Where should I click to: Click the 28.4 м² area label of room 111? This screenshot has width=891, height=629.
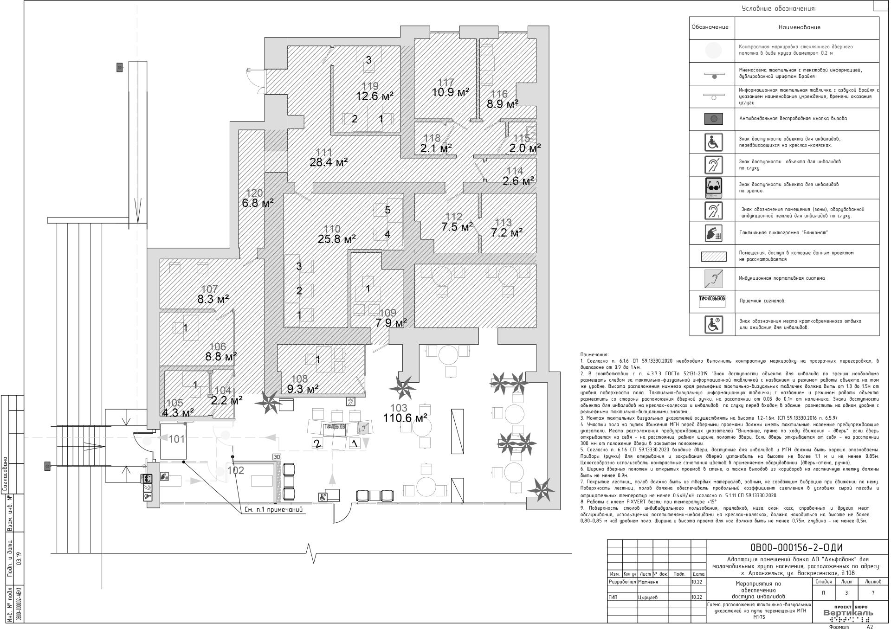coord(329,162)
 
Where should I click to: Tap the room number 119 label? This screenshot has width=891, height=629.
coord(370,86)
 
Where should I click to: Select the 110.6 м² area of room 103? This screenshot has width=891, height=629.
coord(405,418)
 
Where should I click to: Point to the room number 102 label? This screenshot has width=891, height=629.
coord(236,471)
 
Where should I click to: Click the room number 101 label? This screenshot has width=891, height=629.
coord(176,439)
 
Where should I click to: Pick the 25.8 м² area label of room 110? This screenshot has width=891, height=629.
coord(336,239)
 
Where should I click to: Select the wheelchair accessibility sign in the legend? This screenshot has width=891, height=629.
coord(713,142)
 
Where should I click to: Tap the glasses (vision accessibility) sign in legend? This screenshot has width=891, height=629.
coord(713,187)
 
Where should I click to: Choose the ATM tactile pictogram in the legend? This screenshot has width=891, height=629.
coord(713,232)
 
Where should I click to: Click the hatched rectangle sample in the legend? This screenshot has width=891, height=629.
coord(713,256)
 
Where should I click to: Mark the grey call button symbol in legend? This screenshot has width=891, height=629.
coord(713,119)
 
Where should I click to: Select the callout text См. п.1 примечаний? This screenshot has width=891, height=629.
coord(273,510)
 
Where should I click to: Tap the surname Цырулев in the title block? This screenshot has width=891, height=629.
coord(649,597)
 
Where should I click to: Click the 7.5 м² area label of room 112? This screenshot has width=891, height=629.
coord(457,227)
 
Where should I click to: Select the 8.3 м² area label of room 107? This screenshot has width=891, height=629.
coord(213,300)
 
